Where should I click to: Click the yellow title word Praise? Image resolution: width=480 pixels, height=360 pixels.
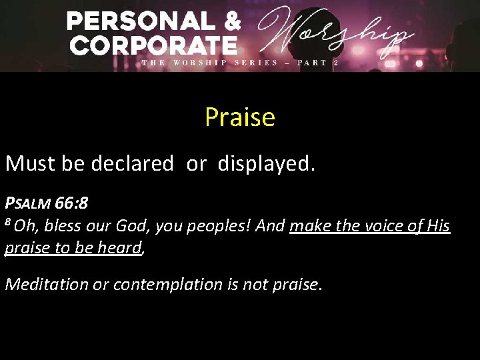coord(239,117)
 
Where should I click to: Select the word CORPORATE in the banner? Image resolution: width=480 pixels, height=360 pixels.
coord(153,45)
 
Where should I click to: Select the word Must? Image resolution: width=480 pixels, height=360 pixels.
coord(31,163)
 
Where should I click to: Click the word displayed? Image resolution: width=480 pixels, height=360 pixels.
coord(265,163)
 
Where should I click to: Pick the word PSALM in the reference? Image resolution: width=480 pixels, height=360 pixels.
coord(31,203)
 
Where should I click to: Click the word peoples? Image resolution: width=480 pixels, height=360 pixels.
coord(221,227)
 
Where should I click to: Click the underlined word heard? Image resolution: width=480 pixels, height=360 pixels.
coord(124,249)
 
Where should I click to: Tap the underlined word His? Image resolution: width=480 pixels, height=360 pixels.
coord(438,227)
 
